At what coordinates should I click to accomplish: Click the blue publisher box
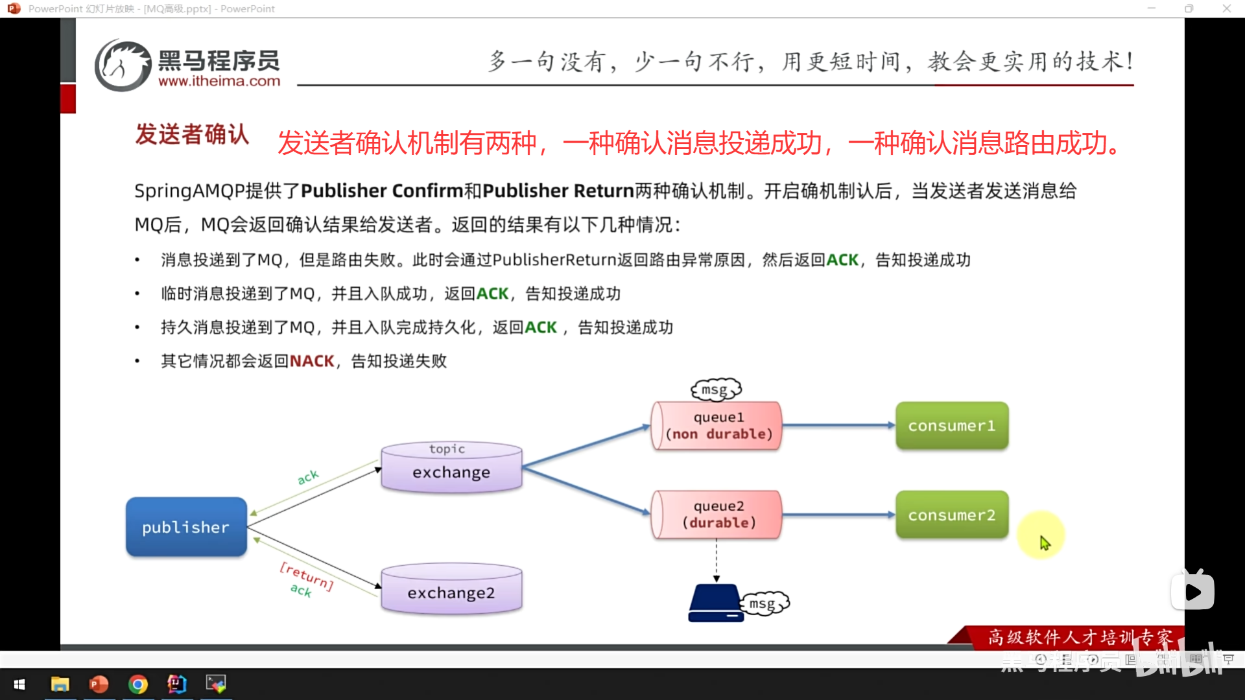(186, 527)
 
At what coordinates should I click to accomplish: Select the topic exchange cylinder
(451, 467)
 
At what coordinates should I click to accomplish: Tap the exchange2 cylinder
(451, 590)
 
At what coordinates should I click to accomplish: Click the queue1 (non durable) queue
(717, 426)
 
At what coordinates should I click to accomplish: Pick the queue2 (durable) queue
(717, 515)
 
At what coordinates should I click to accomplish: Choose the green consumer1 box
(951, 426)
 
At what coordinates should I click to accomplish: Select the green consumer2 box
(951, 515)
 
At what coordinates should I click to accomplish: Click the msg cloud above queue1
(716, 390)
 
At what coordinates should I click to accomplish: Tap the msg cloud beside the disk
(764, 603)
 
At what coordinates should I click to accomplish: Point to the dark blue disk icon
(715, 603)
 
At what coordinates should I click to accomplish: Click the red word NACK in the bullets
(312, 361)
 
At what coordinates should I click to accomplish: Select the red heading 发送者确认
(192, 135)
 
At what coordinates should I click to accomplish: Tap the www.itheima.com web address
(219, 82)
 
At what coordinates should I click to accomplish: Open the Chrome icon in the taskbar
(137, 684)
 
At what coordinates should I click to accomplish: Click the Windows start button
(19, 684)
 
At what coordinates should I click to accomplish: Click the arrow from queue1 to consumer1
(838, 426)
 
